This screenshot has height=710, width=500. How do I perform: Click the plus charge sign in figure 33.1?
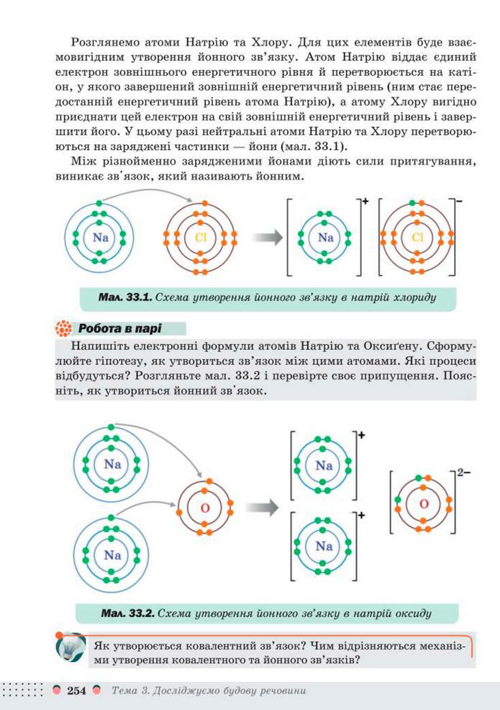click(365, 202)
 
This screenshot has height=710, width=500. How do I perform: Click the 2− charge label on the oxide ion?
click(463, 473)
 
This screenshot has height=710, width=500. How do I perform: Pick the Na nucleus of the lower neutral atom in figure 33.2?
click(112, 554)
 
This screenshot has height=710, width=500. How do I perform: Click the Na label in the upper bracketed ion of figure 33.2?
click(323, 465)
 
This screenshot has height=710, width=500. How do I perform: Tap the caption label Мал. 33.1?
click(125, 296)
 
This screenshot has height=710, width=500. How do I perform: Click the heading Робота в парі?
click(119, 328)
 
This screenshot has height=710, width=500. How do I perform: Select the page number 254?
click(76, 691)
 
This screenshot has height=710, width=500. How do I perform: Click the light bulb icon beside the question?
click(70, 646)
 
